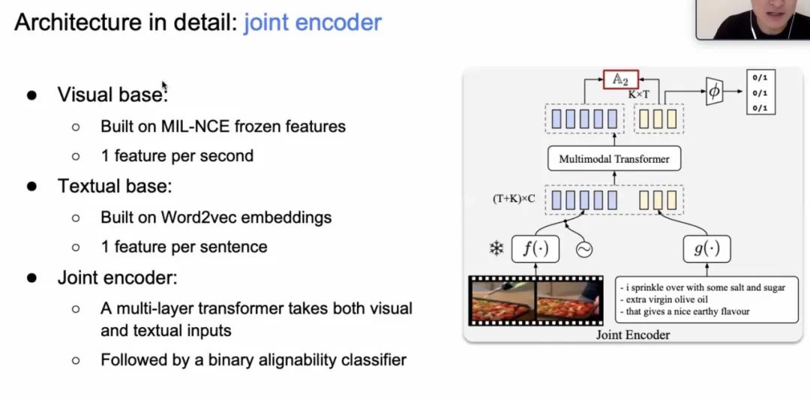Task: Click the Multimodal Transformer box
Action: (614, 158)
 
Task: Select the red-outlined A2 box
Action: (621, 80)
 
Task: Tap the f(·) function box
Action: (535, 248)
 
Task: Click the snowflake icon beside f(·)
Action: (496, 249)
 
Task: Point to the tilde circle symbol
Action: (583, 250)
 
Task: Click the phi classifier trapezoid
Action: (714, 92)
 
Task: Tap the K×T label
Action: (638, 95)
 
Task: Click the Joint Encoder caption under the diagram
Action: (633, 335)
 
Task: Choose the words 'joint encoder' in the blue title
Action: (313, 23)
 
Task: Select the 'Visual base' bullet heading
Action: (112, 95)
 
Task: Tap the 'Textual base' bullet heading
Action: (115, 186)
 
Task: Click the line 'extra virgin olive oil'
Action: (659, 299)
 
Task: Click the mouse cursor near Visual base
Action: (164, 86)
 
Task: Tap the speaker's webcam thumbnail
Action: (753, 20)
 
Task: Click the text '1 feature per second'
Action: (177, 156)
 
